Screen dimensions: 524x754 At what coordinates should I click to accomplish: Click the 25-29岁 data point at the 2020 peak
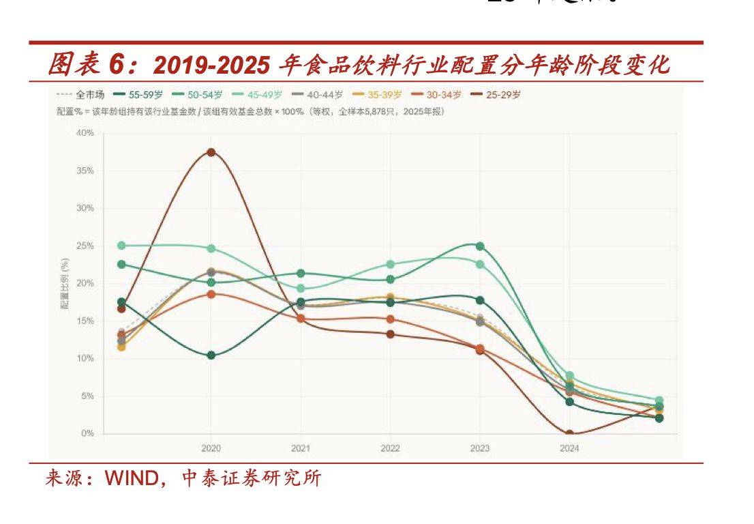211,152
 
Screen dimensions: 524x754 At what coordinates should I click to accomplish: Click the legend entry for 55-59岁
142,95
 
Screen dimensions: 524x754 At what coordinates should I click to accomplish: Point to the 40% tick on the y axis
85,132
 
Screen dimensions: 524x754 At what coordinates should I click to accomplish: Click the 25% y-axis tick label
85,246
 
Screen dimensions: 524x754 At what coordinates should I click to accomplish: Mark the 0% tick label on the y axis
87,433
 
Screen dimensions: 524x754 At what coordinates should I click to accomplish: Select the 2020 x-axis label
211,448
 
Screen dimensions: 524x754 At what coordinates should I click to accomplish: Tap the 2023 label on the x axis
480,448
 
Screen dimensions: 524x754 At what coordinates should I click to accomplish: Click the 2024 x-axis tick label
569,448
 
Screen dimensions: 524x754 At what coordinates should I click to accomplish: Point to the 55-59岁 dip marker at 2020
211,355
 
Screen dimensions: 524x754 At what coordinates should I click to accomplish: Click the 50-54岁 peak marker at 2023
480,246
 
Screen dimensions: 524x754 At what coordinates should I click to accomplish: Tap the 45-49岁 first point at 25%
121,246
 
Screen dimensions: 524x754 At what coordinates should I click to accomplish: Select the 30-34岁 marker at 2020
211,294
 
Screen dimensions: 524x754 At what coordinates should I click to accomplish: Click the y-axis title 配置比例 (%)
65,283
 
